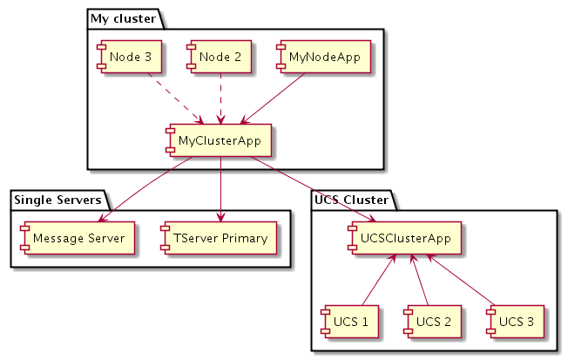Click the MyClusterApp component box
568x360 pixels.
point(221,139)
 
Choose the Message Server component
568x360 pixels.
point(74,237)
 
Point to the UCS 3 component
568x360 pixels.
point(515,322)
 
